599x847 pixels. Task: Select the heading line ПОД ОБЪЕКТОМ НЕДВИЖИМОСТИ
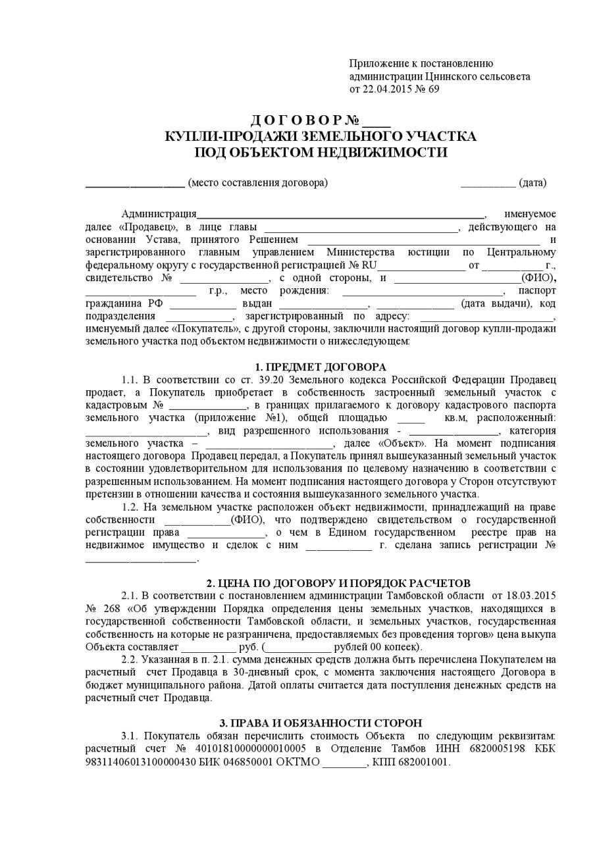(x=320, y=153)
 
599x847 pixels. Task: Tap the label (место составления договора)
(x=257, y=183)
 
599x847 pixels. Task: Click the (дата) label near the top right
(x=533, y=183)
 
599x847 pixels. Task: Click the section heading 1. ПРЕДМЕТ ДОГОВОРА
(x=320, y=367)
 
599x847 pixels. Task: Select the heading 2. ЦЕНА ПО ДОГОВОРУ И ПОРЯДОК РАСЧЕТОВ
(x=338, y=583)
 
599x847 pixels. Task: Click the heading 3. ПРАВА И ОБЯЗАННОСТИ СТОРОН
(x=321, y=722)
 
